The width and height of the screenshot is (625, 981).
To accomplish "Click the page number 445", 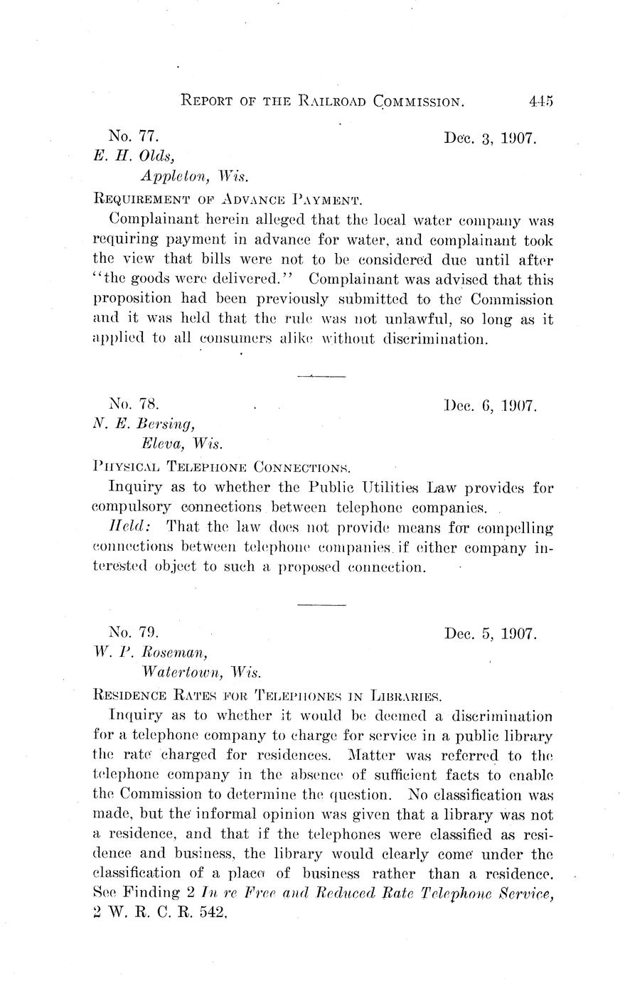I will (540, 101).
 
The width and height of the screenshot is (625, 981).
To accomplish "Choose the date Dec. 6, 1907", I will (490, 407).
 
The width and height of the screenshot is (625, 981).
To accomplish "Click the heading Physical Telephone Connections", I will (222, 467).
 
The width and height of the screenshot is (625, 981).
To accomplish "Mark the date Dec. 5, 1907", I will (490, 633).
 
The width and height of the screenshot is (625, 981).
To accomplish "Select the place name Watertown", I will (181, 672).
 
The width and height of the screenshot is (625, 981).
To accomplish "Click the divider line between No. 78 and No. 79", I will (321, 604).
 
